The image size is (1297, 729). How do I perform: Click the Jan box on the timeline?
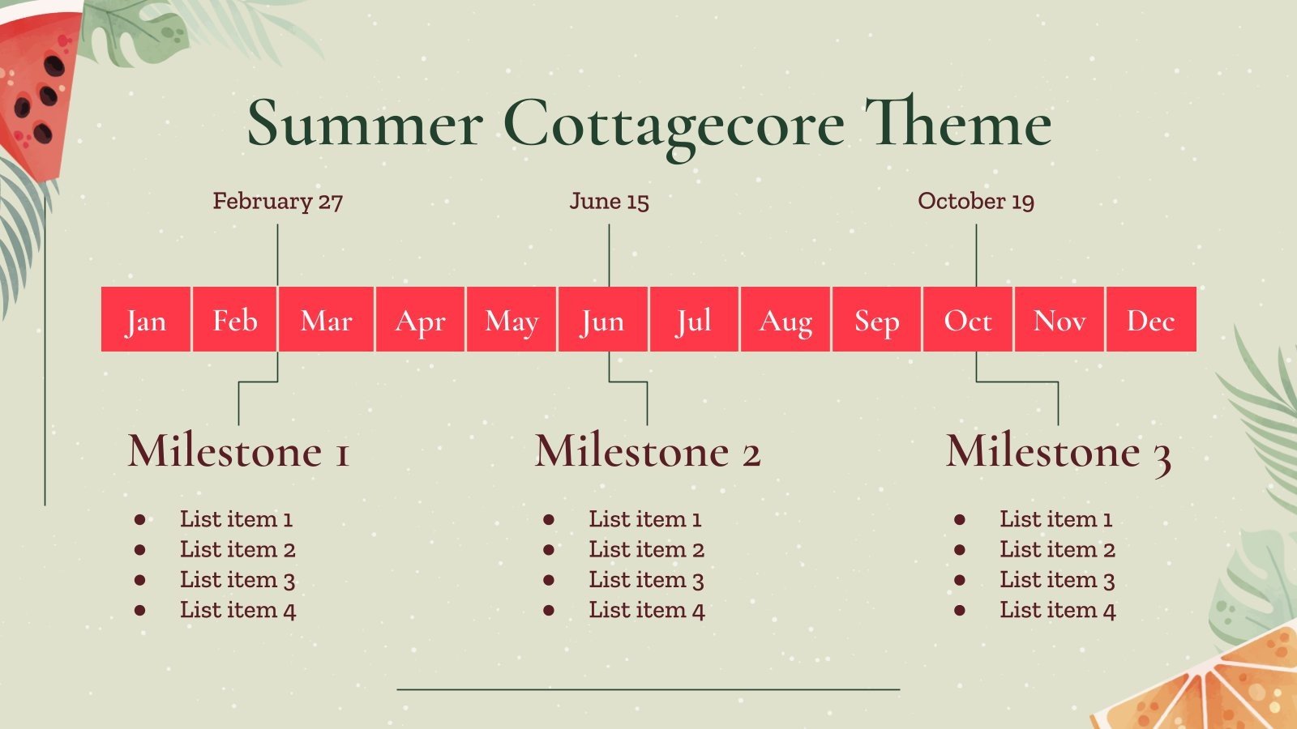[146, 319]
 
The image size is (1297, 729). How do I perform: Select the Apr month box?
[420, 319]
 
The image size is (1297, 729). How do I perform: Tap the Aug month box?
[785, 319]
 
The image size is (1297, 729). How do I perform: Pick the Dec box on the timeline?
[1151, 319]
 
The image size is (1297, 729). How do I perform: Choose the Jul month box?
[694, 319]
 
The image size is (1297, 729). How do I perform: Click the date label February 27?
[277, 201]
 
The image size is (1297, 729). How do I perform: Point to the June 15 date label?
[609, 201]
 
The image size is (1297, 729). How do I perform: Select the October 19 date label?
[976, 201]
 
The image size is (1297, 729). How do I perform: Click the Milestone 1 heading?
[238, 451]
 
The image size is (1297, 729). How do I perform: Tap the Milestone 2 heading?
[648, 451]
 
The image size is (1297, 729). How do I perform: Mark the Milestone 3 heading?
[1058, 451]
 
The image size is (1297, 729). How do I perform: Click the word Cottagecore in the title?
[674, 124]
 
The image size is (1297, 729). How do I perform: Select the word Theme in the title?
[958, 124]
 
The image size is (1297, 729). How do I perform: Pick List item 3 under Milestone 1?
[237, 580]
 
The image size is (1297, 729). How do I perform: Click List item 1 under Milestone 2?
[644, 519]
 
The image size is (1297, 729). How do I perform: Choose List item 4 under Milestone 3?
[1057, 611]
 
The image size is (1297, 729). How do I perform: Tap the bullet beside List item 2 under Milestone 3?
[960, 550]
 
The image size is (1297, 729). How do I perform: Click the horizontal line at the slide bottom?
[648, 689]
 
